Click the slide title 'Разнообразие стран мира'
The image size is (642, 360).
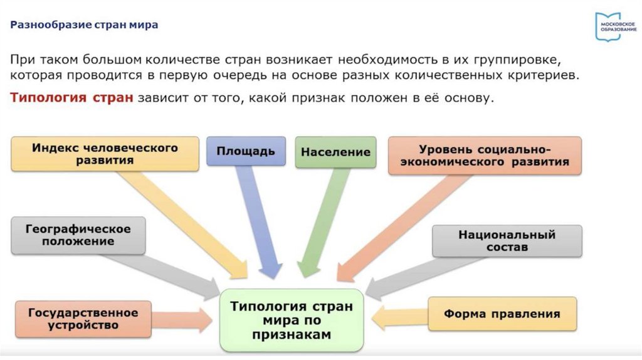click(x=84, y=26)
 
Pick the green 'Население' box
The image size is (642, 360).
click(x=335, y=152)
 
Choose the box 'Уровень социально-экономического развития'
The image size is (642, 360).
click(x=485, y=156)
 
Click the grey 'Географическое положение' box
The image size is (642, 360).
click(x=78, y=235)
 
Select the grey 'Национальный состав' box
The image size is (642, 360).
click(x=507, y=241)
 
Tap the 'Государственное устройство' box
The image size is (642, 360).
click(x=82, y=319)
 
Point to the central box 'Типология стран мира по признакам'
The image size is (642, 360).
click(x=292, y=320)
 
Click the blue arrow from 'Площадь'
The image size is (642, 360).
click(x=258, y=220)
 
